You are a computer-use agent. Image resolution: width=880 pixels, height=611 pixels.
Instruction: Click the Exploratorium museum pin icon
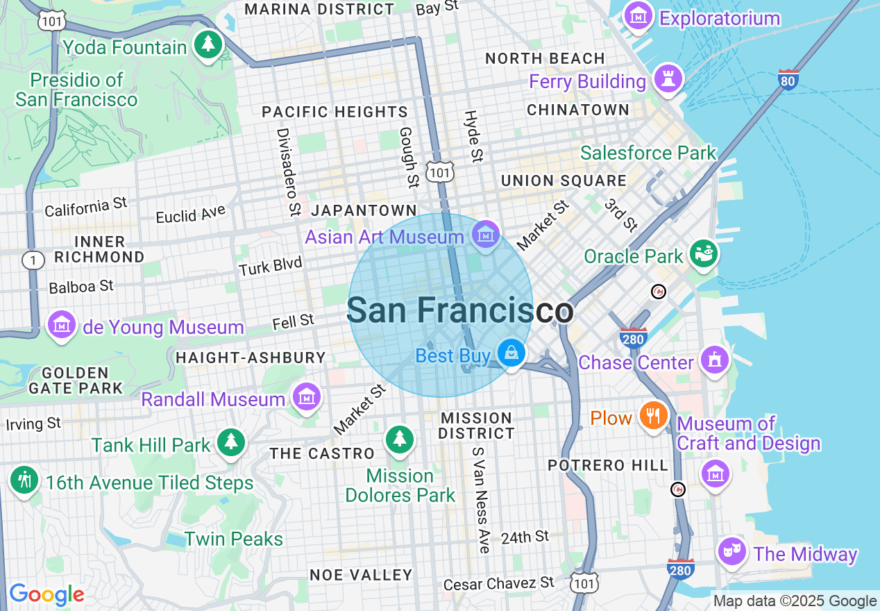point(637,15)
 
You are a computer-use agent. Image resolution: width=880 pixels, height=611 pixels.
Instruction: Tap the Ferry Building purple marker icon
point(668,78)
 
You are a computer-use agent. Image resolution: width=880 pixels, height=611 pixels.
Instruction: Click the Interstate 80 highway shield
point(788,79)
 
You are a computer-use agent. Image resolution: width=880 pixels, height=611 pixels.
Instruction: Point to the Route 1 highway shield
point(33,260)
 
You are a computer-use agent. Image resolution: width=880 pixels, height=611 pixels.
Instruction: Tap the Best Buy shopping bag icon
point(511,353)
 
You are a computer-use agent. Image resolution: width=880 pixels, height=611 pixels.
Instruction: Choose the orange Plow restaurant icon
point(652,415)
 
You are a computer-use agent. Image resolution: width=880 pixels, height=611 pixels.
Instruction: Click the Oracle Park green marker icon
point(704,253)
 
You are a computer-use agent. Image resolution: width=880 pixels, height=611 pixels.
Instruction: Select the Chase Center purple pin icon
point(714,360)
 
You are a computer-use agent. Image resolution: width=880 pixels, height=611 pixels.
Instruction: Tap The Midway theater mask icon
point(731,551)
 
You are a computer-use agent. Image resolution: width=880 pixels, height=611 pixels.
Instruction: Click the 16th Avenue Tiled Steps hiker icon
point(25,479)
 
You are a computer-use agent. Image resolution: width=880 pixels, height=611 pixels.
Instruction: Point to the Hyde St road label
point(473,136)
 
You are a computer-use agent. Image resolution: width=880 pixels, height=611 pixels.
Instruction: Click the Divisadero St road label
point(287,171)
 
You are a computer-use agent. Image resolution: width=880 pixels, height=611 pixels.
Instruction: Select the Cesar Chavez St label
point(499,583)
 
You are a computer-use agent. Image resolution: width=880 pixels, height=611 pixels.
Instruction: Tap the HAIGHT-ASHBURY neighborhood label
point(251,358)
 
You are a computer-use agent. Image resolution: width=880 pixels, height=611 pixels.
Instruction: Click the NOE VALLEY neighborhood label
point(361,575)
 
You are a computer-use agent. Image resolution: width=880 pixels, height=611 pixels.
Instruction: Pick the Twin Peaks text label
point(234,539)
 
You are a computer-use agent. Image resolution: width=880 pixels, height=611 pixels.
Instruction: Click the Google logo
point(46,594)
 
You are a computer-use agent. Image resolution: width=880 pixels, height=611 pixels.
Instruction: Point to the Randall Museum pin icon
point(306,396)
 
